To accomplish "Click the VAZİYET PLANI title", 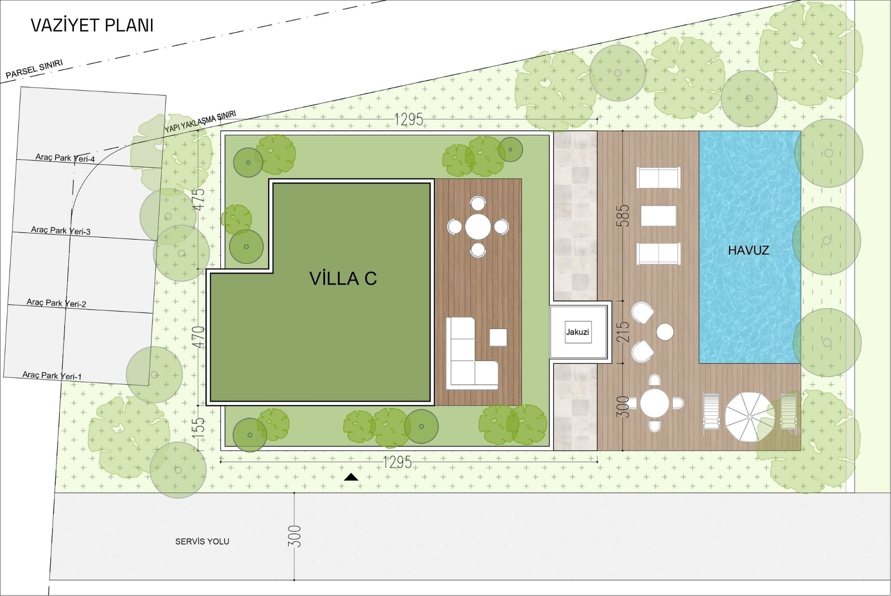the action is point(92,25).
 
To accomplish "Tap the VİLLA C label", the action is point(343,278).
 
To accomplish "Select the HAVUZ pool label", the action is point(748,250).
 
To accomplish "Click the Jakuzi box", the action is point(578,332).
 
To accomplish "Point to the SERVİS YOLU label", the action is point(202,542).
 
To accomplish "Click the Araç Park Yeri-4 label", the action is point(65,158).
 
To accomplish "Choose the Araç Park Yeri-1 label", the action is point(52,376).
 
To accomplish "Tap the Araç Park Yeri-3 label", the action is point(61,231).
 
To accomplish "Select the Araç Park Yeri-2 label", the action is point(56,303).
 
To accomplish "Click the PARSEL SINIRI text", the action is point(34,69).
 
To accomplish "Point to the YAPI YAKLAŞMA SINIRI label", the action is point(200,122).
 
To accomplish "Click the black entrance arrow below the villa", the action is point(351,477).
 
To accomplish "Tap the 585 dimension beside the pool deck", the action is point(625,216).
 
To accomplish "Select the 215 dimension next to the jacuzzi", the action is point(625,331).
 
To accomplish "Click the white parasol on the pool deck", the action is point(749,417).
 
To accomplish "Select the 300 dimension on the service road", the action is point(295,536).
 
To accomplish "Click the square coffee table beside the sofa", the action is point(498,337).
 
